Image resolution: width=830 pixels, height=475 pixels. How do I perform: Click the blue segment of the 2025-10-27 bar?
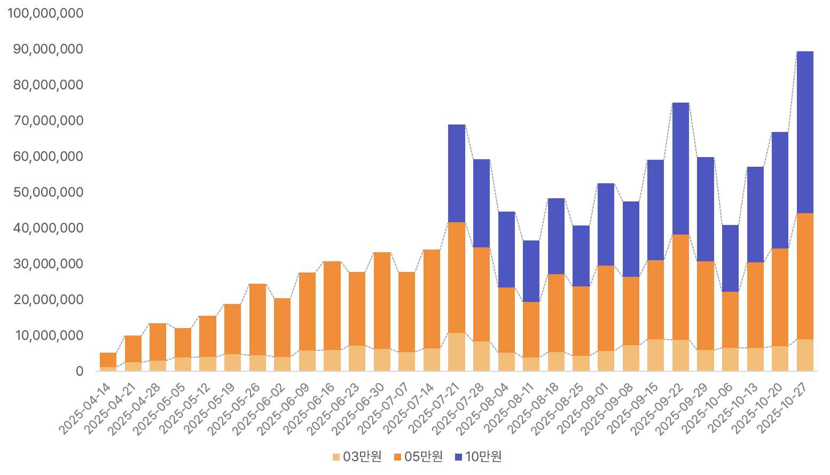[804, 132]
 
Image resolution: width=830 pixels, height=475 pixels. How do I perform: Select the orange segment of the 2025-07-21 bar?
[457, 277]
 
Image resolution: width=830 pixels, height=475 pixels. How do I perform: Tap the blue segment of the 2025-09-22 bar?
[680, 168]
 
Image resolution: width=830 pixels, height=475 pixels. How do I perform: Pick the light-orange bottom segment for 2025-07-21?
[457, 352]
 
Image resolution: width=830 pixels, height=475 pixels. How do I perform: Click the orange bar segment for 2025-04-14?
[108, 360]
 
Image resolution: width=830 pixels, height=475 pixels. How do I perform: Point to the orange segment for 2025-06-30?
[382, 300]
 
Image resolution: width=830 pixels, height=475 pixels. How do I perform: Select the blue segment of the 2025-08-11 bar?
[531, 271]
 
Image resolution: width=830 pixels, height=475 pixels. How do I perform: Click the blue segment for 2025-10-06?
[730, 258]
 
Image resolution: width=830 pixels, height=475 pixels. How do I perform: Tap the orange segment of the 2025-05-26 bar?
[257, 319]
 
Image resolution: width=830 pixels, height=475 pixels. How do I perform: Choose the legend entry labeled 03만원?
[357, 457]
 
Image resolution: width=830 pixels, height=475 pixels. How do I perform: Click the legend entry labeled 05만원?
[418, 457]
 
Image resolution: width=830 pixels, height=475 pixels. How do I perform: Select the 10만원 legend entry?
[479, 457]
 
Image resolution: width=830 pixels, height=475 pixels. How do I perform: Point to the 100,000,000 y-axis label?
[45, 13]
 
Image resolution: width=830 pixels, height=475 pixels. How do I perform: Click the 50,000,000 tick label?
[48, 192]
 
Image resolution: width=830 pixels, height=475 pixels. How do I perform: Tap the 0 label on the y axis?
[80, 371]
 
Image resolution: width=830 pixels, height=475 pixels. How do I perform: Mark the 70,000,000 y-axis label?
[48, 121]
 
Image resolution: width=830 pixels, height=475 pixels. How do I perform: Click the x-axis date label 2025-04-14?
[85, 409]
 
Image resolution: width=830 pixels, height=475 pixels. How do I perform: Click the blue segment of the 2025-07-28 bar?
[481, 203]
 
